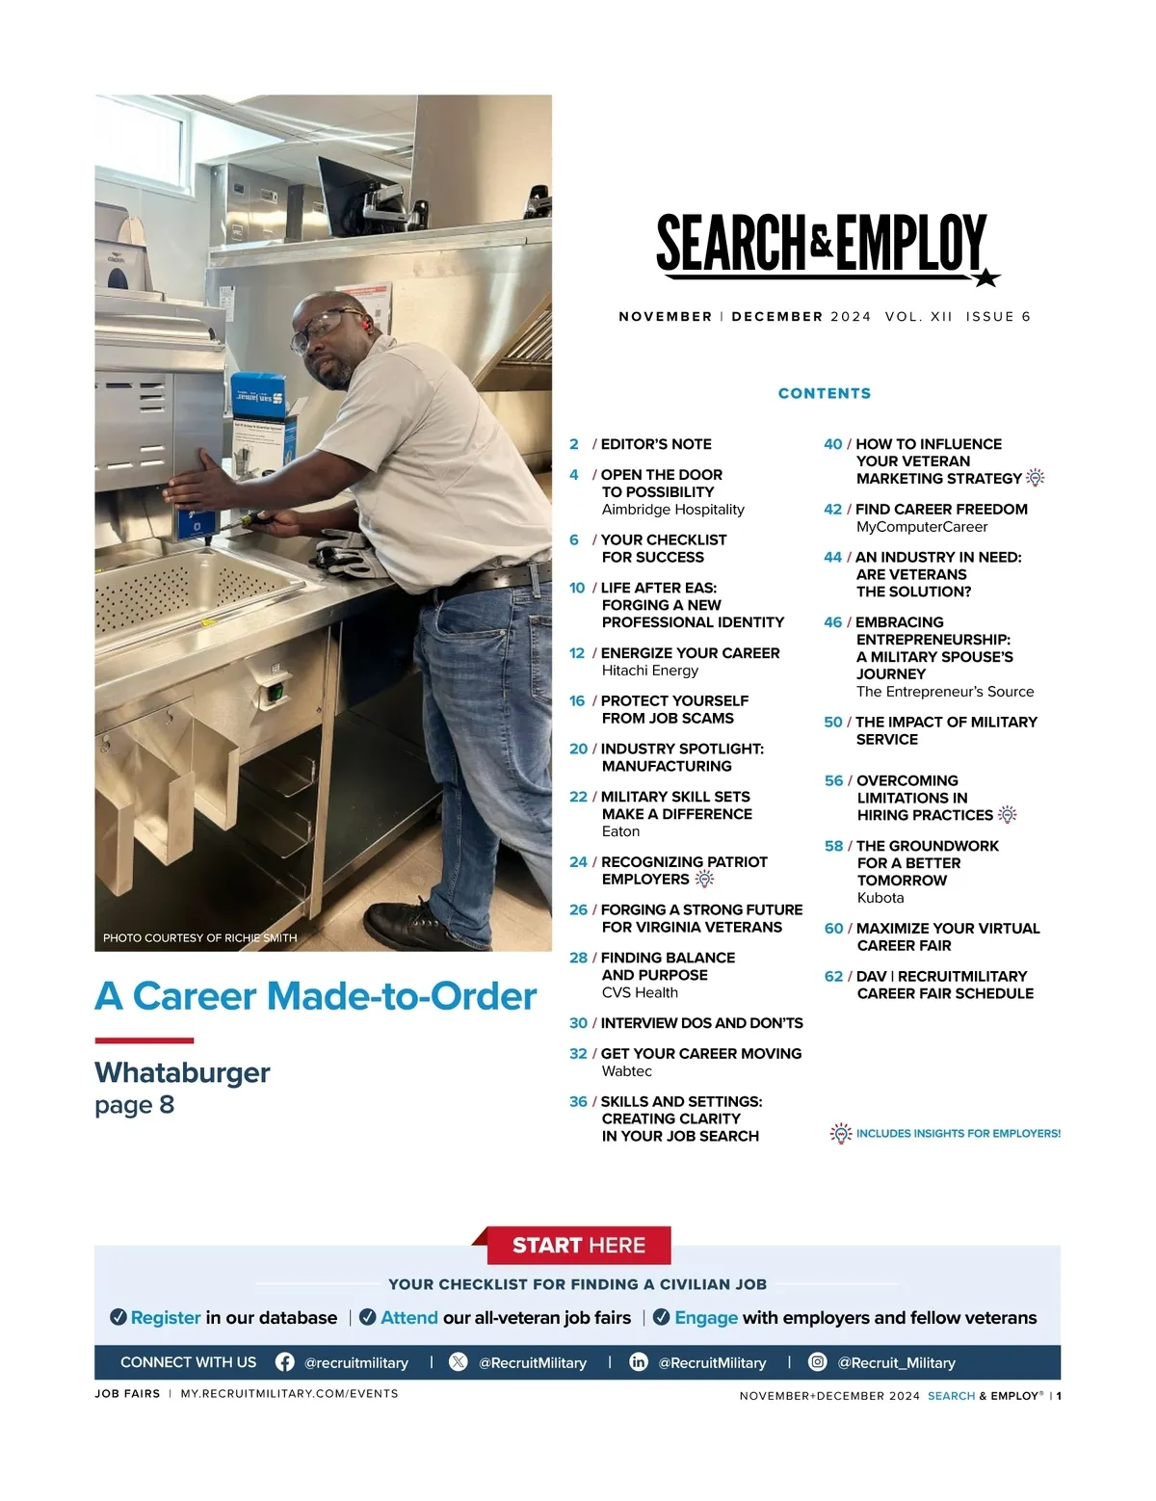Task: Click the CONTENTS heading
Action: pos(824,393)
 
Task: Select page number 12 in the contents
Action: pos(577,653)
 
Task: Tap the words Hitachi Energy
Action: pos(649,671)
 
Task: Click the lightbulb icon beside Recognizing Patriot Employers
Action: pos(704,879)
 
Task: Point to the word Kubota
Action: pos(880,898)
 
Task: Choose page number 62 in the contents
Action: pos(833,976)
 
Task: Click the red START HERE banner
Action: pos(578,1245)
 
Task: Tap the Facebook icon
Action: pos(285,1361)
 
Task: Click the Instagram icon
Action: pos(817,1361)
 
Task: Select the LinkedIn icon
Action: pos(638,1361)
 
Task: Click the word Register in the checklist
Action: pos(166,1317)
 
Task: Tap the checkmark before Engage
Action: pos(662,1317)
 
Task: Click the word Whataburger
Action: pos(182,1072)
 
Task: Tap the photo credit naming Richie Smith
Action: pos(199,937)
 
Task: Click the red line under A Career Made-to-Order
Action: pos(144,1040)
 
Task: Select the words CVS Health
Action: pos(640,992)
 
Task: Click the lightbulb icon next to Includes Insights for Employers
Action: pos(840,1133)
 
